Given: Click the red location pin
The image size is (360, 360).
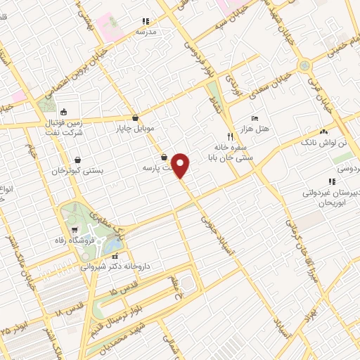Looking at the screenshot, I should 181,166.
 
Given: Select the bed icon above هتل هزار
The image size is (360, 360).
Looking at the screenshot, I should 255,117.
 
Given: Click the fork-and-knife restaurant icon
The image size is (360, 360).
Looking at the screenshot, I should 229,136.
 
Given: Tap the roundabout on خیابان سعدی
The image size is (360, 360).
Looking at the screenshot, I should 304,65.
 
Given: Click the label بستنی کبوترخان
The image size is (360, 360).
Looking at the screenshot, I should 77,171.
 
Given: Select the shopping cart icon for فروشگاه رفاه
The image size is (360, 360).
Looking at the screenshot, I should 75,230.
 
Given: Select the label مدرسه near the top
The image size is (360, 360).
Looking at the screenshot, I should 146,32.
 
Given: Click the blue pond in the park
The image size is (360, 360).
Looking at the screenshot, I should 110,245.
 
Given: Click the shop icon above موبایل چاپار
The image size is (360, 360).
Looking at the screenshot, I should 135,117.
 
